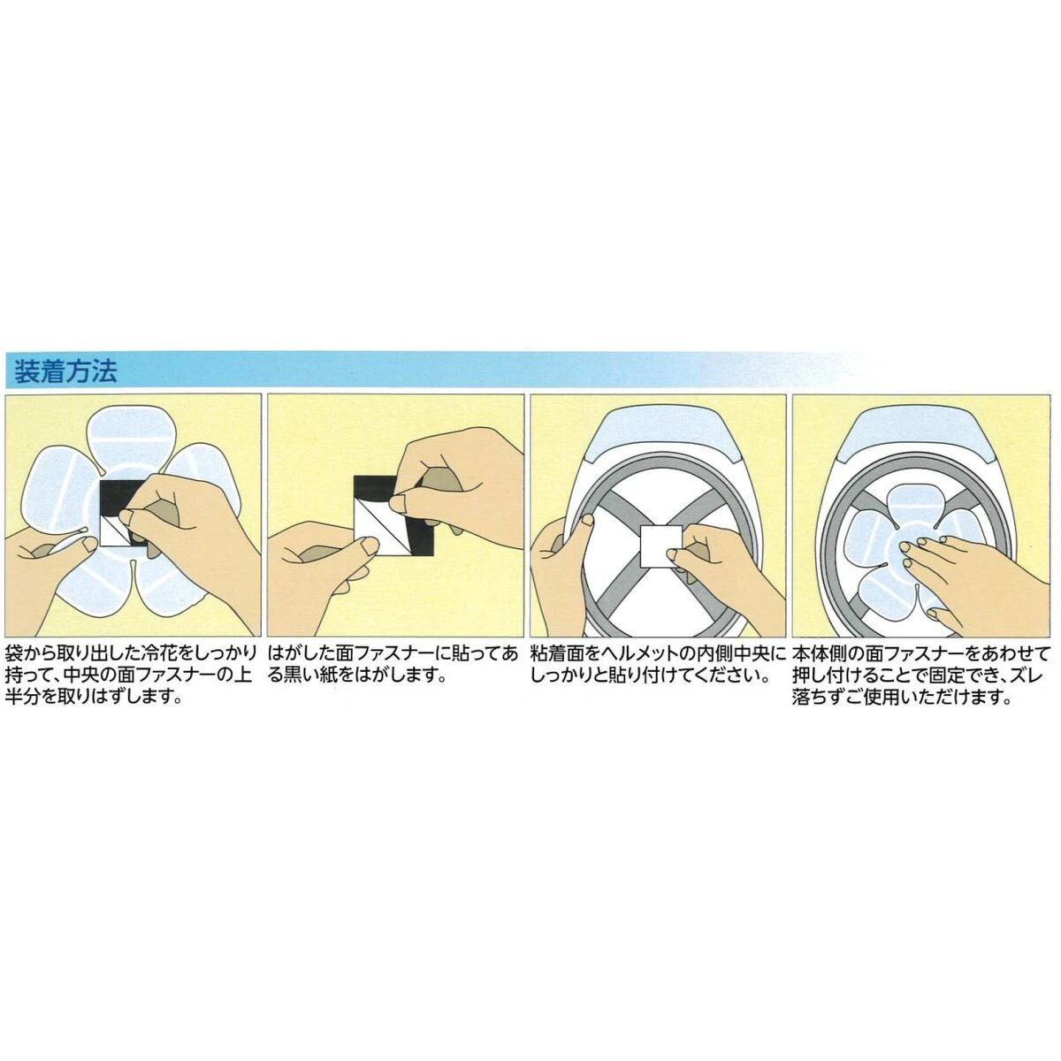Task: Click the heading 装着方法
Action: coord(65,371)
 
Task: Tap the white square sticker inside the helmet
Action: coord(661,546)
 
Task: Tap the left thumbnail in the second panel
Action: coord(367,546)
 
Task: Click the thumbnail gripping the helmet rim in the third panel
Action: coord(587,519)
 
